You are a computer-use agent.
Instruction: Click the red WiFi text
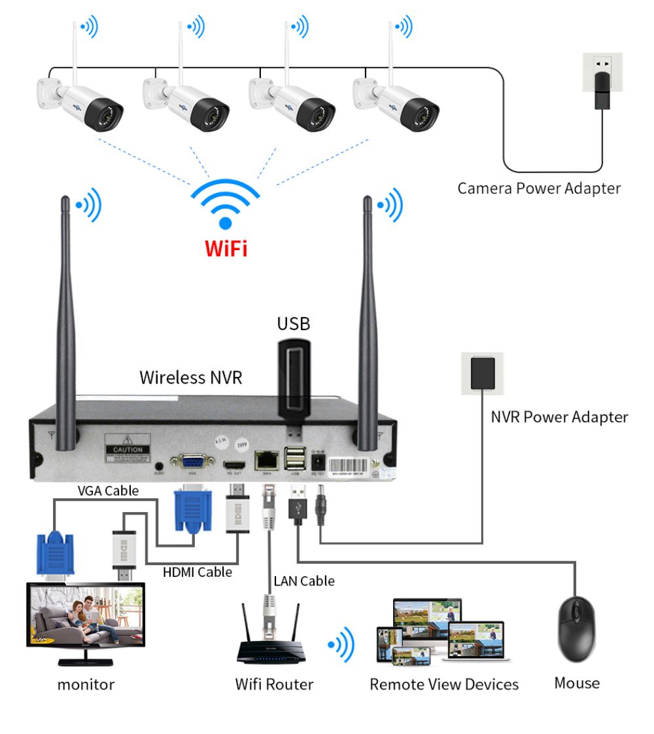click(226, 248)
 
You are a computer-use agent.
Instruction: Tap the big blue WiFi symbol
click(225, 204)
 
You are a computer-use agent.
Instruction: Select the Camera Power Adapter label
click(538, 189)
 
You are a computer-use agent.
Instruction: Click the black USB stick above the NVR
click(293, 379)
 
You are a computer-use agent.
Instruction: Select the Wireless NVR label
click(190, 377)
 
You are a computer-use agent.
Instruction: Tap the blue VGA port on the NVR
click(192, 460)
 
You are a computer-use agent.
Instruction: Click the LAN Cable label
click(303, 581)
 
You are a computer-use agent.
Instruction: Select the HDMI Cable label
click(197, 572)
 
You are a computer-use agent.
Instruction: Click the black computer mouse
click(576, 629)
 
